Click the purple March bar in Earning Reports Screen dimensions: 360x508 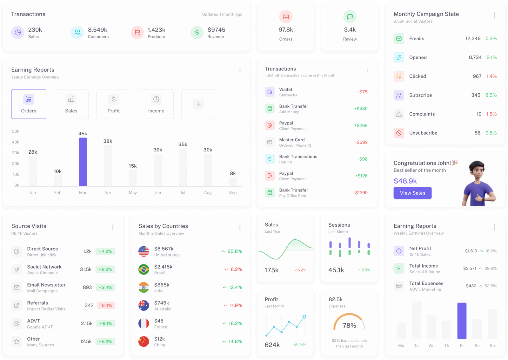point(83,162)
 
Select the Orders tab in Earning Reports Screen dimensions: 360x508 point(29,104)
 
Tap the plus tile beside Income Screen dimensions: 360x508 point(199,104)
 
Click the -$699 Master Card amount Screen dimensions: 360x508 point(361,142)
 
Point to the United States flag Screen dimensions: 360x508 point(144,251)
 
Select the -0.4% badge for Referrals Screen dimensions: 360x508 point(106,305)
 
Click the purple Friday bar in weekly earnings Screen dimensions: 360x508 point(462,321)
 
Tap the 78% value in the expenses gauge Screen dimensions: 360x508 point(349,325)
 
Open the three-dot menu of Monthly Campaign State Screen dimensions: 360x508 point(494,15)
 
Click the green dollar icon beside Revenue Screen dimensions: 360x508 point(197,33)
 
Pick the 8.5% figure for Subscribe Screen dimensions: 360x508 point(491,95)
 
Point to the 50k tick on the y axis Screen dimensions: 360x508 point(16,131)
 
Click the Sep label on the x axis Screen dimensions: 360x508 point(233,193)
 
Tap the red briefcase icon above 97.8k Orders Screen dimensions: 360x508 point(286,17)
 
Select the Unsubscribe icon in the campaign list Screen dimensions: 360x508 point(399,133)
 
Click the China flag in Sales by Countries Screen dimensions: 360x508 point(144,342)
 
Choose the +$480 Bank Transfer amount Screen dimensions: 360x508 point(361,109)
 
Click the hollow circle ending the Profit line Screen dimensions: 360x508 point(304,317)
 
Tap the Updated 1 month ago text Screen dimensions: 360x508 point(222,14)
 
